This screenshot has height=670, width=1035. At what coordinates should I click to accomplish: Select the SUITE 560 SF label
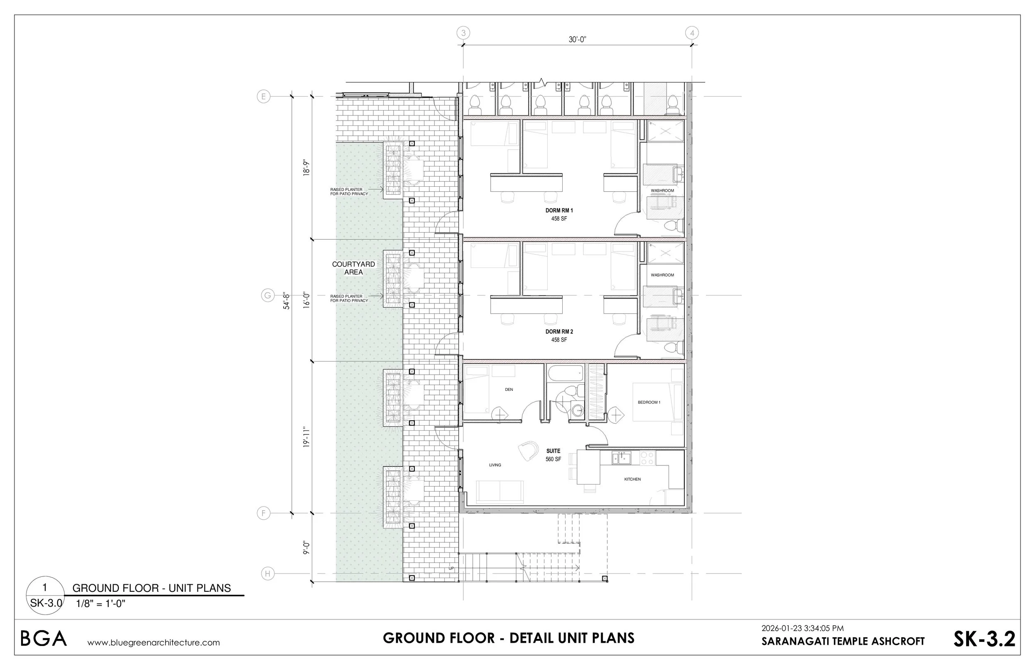(554, 455)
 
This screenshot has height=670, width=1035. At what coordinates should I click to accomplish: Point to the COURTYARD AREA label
(354, 268)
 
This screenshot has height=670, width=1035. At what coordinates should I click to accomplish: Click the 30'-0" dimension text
(578, 40)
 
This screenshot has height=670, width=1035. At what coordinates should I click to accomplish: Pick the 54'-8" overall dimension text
(286, 301)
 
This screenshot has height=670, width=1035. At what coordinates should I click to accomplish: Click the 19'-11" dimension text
(307, 437)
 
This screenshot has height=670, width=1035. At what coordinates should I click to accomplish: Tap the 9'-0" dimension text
(307, 548)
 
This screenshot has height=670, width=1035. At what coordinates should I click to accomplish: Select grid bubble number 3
(464, 33)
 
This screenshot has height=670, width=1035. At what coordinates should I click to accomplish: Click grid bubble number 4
(692, 33)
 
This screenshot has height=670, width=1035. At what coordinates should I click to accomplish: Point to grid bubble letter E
(264, 96)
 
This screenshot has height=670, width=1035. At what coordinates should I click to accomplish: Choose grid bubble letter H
(268, 574)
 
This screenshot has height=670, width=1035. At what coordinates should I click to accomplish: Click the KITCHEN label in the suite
(632, 480)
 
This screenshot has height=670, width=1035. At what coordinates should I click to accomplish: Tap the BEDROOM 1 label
(649, 402)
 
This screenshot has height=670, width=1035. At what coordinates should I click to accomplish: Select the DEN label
(509, 390)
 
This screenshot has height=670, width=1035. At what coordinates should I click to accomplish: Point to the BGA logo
(43, 639)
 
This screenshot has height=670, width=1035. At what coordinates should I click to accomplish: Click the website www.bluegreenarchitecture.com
(154, 643)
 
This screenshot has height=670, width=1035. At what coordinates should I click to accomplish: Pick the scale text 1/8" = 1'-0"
(101, 603)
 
